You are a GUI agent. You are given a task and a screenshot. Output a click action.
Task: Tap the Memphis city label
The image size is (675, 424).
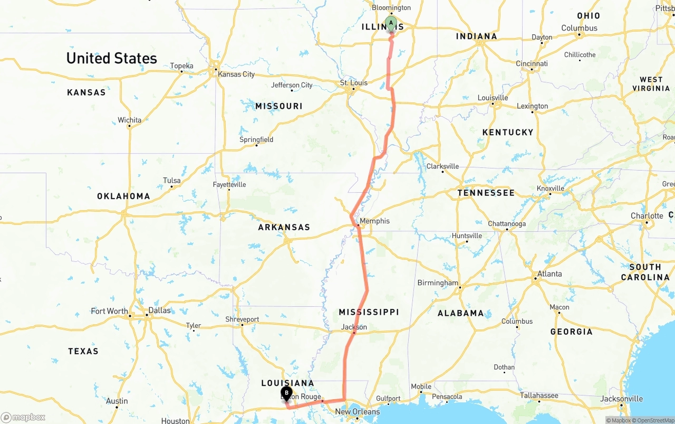pyautogui.click(x=374, y=221)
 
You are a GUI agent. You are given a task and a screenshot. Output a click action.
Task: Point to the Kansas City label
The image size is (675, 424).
pyautogui.click(x=236, y=74)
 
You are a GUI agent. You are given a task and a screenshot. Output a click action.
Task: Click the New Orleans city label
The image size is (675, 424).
pyautogui.click(x=357, y=412)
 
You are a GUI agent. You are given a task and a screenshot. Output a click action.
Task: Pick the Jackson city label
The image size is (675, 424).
pyautogui.click(x=354, y=327)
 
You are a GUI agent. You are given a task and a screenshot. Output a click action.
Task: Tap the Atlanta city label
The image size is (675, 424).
pyautogui.click(x=549, y=274)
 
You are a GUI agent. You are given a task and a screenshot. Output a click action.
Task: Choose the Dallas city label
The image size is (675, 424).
pyautogui.click(x=159, y=310)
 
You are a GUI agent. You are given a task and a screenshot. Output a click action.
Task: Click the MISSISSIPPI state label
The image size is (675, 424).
pyautogui.click(x=369, y=312)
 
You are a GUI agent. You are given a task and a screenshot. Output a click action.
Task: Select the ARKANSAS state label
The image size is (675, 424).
pyautogui.click(x=284, y=227)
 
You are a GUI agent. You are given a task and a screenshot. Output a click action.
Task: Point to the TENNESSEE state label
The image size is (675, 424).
pyautogui.click(x=486, y=193)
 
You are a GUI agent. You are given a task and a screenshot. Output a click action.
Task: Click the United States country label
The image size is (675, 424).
pyautogui.click(x=111, y=58)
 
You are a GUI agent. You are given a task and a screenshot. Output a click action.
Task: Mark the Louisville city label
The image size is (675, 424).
pyautogui.click(x=493, y=98)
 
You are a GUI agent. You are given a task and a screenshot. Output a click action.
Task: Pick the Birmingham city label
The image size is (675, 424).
pyautogui.click(x=438, y=282)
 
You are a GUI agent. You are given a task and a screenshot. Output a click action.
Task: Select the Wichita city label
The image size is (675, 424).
pyautogui.click(x=129, y=120)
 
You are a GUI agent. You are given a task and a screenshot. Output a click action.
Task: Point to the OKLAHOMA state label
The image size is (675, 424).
pyautogui.click(x=123, y=196)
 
